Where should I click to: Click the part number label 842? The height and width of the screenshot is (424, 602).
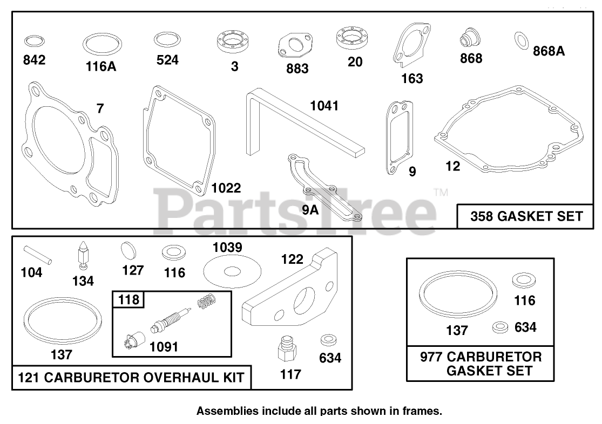(x=34, y=60)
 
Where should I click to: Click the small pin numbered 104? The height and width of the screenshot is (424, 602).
(x=38, y=255)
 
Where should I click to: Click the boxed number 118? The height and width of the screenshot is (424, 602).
(x=128, y=299)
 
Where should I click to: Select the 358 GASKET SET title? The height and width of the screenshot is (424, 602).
(x=526, y=216)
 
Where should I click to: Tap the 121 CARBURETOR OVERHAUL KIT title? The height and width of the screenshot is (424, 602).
(x=132, y=378)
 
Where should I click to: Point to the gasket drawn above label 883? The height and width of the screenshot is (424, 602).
(x=296, y=46)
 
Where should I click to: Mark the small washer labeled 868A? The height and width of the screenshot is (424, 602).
(x=522, y=39)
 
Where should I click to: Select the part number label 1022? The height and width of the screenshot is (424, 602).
(x=226, y=188)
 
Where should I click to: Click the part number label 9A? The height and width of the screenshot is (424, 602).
(x=310, y=211)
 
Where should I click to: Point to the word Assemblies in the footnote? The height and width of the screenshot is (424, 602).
(x=227, y=411)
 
